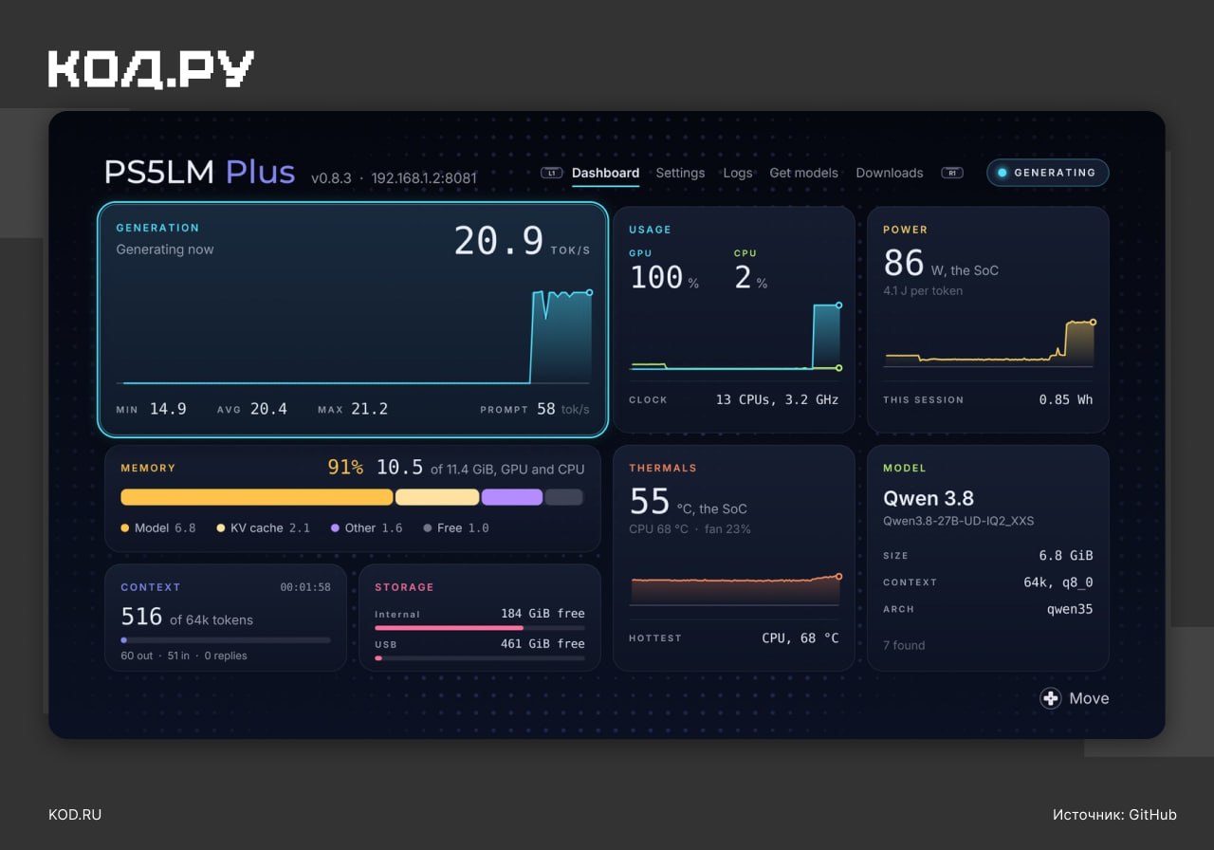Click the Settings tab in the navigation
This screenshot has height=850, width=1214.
tap(680, 173)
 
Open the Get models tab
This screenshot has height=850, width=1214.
tap(803, 173)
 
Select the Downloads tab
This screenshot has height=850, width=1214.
tap(890, 173)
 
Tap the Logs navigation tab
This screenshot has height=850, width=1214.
tap(738, 173)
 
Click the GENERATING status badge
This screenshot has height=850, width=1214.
tap(1048, 173)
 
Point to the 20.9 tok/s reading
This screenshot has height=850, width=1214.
tap(522, 241)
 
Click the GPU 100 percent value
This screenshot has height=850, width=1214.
tap(665, 277)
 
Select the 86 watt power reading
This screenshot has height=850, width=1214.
tap(904, 263)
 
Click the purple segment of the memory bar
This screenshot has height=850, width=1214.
tap(511, 497)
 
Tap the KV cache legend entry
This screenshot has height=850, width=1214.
tap(264, 528)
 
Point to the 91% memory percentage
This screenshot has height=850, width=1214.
tap(345, 467)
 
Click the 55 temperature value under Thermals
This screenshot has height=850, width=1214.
tap(650, 501)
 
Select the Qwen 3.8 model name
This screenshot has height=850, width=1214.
tap(929, 498)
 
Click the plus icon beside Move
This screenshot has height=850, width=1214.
tap(1050, 698)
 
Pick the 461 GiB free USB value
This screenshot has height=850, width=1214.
tap(543, 643)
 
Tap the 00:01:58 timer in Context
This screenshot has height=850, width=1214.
tap(305, 587)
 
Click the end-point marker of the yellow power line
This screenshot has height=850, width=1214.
tap(1094, 322)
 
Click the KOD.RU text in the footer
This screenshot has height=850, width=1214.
tap(75, 815)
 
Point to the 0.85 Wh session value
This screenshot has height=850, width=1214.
tap(1065, 399)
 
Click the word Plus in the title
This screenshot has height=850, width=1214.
tap(260, 172)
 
